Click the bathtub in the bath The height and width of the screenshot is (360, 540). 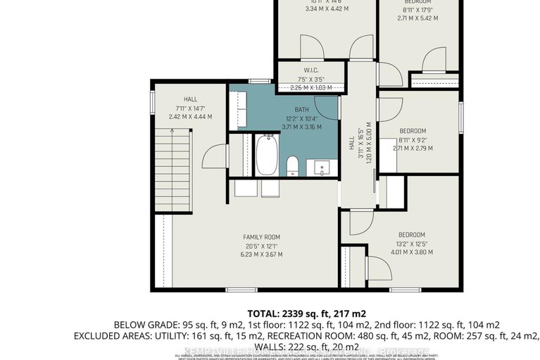click(267, 155)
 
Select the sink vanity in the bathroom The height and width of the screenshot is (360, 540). click(323, 168)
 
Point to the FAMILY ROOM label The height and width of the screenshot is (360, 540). click(262, 237)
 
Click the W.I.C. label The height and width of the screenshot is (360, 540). click(310, 70)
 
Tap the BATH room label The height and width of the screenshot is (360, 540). click(302, 109)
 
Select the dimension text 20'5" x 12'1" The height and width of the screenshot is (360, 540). click(262, 246)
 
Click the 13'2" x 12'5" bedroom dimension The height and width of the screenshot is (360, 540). click(412, 244)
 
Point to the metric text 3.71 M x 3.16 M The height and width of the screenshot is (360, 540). click(302, 127)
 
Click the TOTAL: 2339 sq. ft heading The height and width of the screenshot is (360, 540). click(306, 313)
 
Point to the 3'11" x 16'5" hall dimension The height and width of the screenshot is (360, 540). click(359, 148)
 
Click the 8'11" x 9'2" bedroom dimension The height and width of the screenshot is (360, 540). click(413, 139)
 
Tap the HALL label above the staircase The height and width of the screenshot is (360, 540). click(190, 99)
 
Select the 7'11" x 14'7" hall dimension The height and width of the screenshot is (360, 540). click(190, 108)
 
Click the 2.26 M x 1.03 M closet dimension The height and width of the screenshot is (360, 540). click(310, 87)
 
